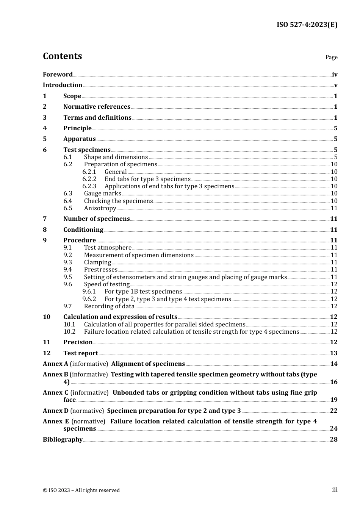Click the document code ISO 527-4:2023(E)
click(x=307, y=25)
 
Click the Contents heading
click(x=62, y=56)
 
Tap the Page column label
click(x=331, y=57)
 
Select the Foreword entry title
click(x=58, y=75)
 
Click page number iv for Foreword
click(x=335, y=75)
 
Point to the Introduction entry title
click(x=63, y=85)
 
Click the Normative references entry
click(x=97, y=107)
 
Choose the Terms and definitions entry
click(x=97, y=118)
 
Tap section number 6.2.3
click(x=89, y=186)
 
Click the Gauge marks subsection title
click(x=102, y=194)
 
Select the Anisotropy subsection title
click(x=100, y=208)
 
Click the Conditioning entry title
click(x=83, y=230)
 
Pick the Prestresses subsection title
click(x=100, y=270)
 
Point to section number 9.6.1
click(x=89, y=292)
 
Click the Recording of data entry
click(x=109, y=306)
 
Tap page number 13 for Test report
click(x=333, y=353)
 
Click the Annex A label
click(x=55, y=364)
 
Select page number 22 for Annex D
click(x=333, y=411)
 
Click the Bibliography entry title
click(x=63, y=440)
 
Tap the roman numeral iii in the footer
click(x=335, y=490)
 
